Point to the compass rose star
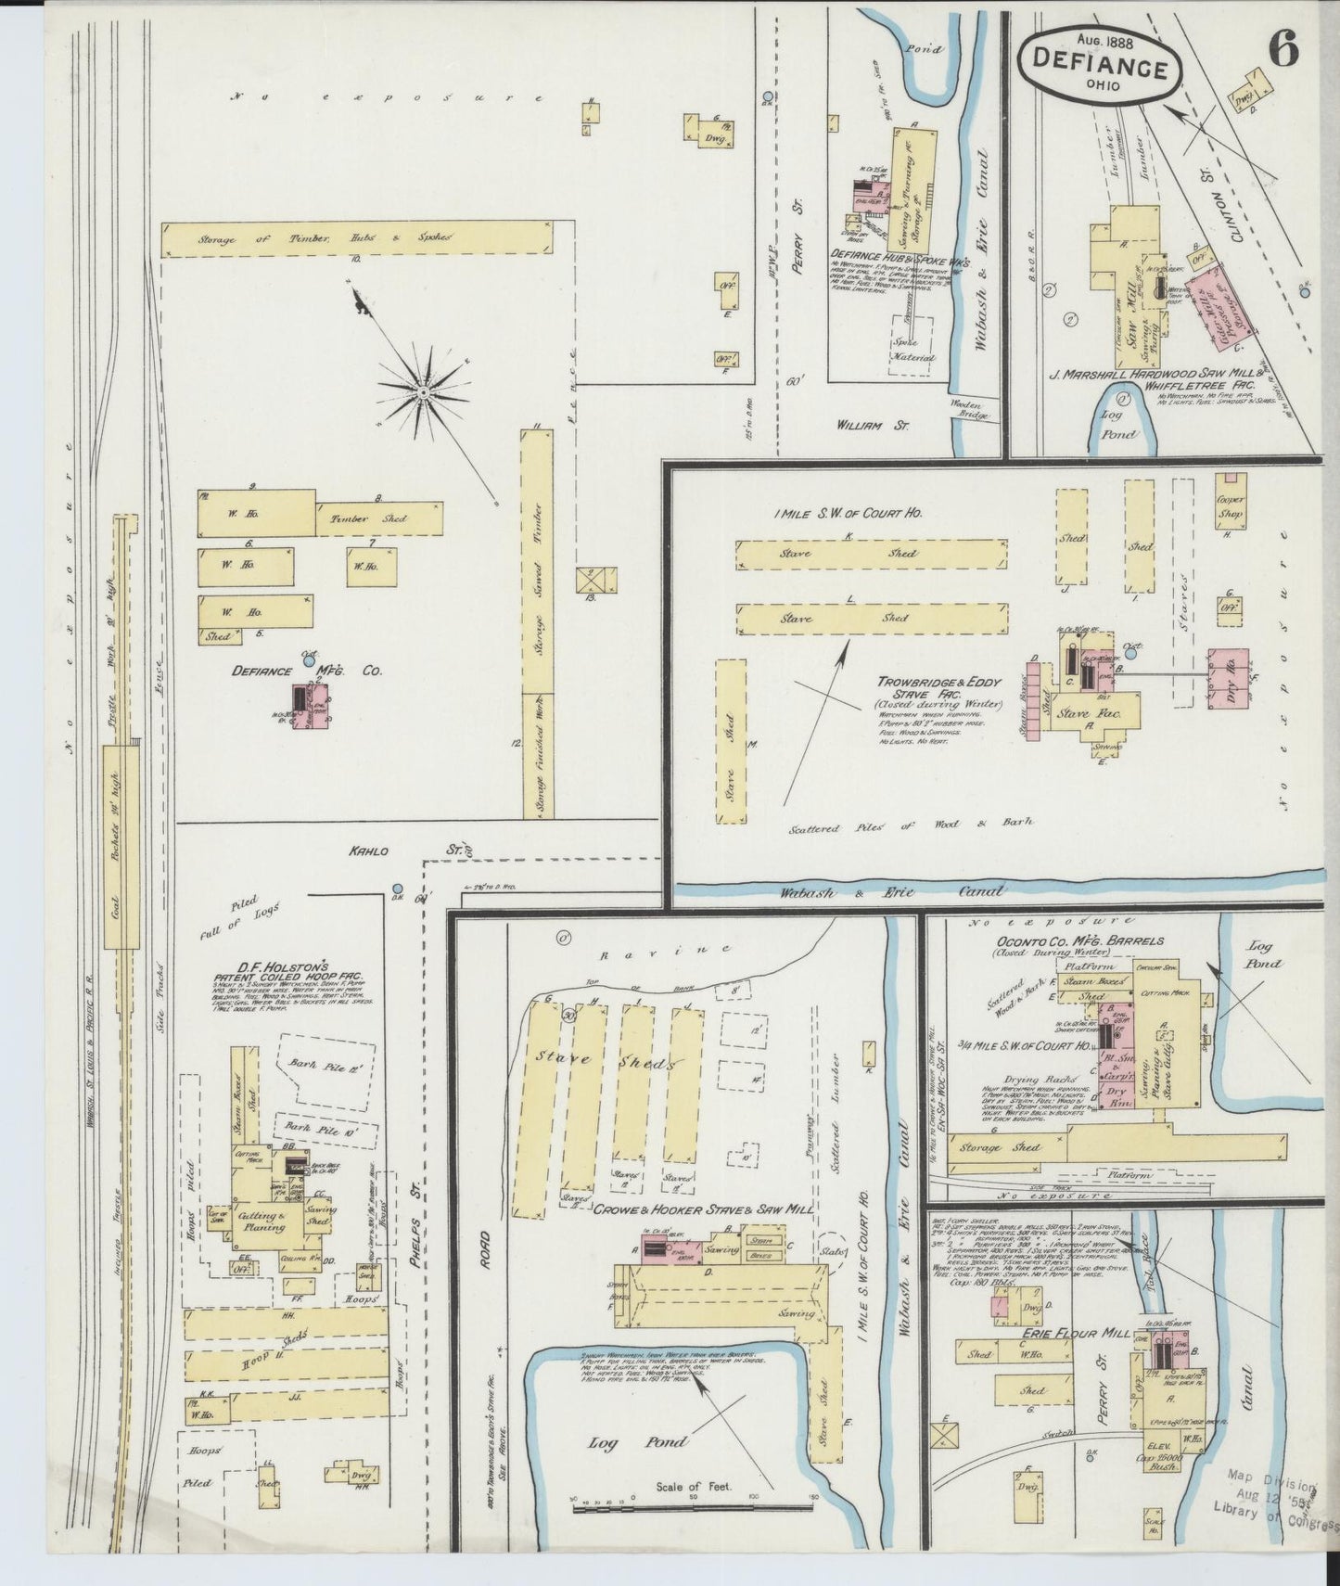[422, 393]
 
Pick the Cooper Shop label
[1231, 506]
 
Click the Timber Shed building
[379, 518]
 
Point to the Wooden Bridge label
[970, 410]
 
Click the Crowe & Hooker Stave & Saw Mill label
[703, 1209]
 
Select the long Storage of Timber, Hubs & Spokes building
[356, 239]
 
